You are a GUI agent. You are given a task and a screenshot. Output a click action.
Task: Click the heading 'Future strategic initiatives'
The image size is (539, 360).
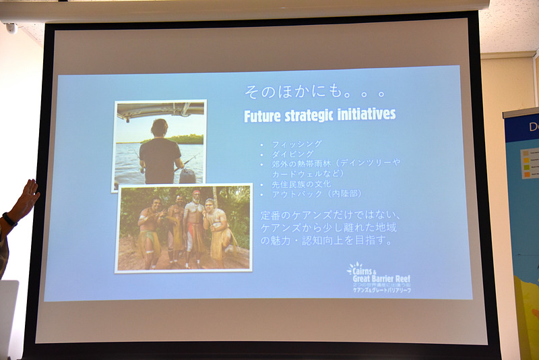[x=319, y=115]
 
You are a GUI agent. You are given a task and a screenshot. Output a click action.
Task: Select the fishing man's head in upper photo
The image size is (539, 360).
[x=160, y=127]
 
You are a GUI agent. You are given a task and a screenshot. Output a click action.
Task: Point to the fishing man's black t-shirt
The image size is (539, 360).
[x=160, y=160]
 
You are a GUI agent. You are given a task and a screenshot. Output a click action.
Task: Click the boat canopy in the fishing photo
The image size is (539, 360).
[x=160, y=110]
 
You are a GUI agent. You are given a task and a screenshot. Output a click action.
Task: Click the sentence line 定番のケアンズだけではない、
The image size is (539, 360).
[x=330, y=215]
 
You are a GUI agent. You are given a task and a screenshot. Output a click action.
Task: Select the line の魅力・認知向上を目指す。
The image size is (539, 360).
[x=326, y=241]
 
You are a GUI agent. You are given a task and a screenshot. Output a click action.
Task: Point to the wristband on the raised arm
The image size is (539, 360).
[x=9, y=219]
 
